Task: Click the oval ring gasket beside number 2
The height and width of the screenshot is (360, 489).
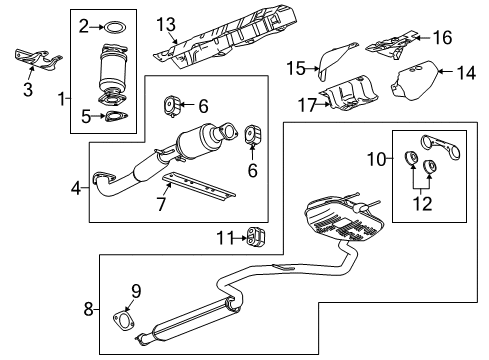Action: tap(116, 23)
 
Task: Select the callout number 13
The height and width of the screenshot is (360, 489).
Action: tap(166, 25)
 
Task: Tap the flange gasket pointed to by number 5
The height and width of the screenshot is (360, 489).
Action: tap(116, 117)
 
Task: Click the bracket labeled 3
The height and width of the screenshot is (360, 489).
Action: tap(38, 60)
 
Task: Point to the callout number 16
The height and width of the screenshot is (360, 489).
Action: tap(442, 37)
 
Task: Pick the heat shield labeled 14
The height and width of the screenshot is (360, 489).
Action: tap(415, 81)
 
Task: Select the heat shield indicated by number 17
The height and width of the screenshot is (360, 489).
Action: tap(348, 93)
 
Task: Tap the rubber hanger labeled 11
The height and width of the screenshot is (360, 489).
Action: tap(256, 238)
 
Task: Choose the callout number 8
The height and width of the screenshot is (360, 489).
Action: tap(88, 309)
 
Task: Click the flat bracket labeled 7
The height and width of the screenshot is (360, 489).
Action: tap(199, 186)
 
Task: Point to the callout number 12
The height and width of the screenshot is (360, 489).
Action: tap(422, 203)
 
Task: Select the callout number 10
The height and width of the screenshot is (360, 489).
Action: tap(377, 159)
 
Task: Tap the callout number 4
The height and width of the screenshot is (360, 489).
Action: tap(76, 189)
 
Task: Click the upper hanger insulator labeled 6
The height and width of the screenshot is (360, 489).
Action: tap(172, 106)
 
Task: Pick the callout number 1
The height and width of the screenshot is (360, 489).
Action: tap(61, 99)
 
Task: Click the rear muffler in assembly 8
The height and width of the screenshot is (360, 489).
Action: tap(343, 219)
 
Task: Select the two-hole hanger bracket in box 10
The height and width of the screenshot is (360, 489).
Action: tap(440, 148)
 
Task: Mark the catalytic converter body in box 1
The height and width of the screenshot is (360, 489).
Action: tap(113, 70)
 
